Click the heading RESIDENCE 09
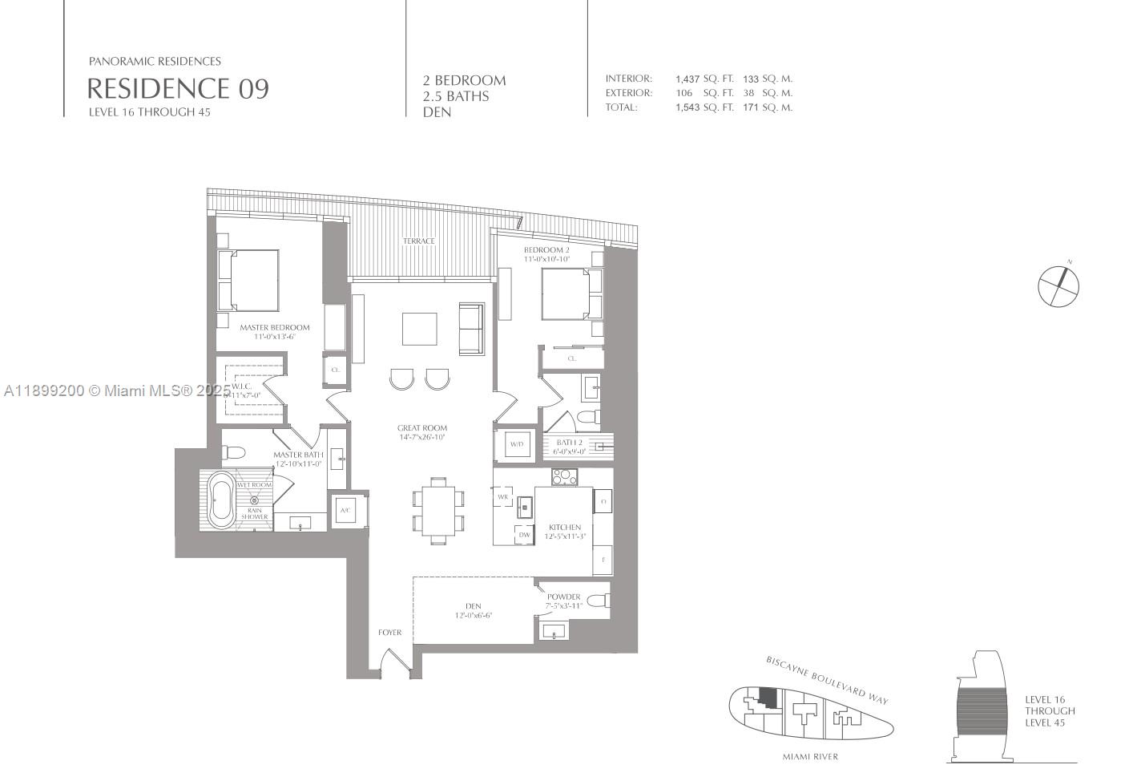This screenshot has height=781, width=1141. tap(177, 88)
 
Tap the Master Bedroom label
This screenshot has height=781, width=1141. tap(274, 327)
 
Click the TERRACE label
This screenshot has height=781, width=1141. tap(418, 241)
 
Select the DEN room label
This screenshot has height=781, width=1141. tap(473, 606)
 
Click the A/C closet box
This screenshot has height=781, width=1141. tap(346, 510)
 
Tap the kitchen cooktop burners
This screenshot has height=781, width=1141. tap(563, 477)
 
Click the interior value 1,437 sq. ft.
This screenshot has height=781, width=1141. tap(687, 79)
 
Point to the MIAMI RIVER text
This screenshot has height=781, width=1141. tap(810, 756)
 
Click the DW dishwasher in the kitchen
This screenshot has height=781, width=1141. tap(524, 535)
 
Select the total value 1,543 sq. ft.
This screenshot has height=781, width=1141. tap(687, 107)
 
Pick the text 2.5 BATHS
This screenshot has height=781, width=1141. tap(456, 96)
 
